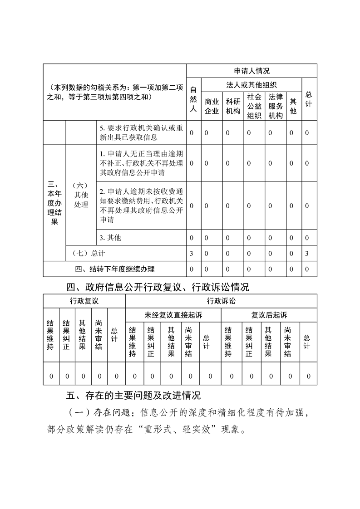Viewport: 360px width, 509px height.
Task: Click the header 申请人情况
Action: tap(252, 71)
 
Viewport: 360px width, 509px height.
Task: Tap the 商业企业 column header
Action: tap(212, 107)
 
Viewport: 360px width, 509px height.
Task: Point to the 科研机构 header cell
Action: tap(233, 107)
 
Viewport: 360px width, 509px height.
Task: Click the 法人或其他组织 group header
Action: tap(252, 85)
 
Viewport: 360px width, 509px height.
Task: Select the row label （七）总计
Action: tap(85, 253)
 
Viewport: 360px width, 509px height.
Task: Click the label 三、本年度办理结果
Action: tap(54, 203)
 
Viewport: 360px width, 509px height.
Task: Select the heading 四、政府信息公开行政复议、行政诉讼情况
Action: tap(158, 287)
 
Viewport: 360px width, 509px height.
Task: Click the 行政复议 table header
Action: tap(84, 301)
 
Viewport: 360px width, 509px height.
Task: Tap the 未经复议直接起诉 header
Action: tap(173, 315)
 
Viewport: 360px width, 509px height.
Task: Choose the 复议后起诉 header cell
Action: tap(269, 315)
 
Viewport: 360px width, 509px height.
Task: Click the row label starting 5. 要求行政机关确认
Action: tap(141, 133)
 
